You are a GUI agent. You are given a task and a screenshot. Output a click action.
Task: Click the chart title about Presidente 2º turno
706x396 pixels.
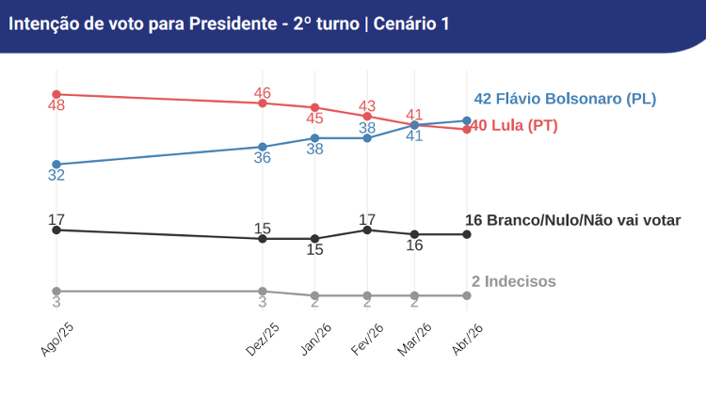click(x=229, y=24)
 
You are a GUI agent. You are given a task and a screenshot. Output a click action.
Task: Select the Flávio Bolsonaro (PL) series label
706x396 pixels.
click(x=565, y=99)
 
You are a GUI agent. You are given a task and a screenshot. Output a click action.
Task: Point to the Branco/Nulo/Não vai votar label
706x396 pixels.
click(x=572, y=220)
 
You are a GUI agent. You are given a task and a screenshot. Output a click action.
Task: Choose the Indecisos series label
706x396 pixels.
click(x=513, y=281)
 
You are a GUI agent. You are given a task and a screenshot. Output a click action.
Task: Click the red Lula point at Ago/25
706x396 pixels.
click(x=56, y=94)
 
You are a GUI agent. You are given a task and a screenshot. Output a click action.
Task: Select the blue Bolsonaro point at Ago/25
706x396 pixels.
click(x=56, y=165)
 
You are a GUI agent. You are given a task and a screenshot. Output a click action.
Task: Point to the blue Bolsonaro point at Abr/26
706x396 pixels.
click(x=467, y=120)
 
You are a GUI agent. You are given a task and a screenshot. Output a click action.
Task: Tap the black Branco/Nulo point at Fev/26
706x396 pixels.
click(x=367, y=230)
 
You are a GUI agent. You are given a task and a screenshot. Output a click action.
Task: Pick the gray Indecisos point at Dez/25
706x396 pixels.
click(x=263, y=292)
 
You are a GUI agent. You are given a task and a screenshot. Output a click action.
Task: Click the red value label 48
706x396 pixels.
click(x=56, y=106)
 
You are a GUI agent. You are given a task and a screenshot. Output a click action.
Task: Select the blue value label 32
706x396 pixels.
click(x=56, y=176)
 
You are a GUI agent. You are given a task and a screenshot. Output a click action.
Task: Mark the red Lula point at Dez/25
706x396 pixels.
click(x=263, y=103)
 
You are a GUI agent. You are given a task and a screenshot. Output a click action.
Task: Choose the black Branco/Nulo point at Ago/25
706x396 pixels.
click(x=56, y=230)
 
